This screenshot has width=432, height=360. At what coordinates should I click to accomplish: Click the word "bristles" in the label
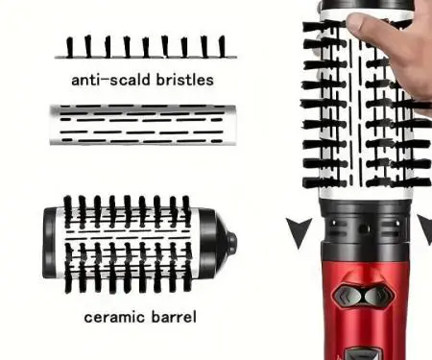(184, 80)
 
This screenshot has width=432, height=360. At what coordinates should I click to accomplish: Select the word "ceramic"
(114, 317)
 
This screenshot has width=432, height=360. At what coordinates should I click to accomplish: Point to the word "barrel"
(174, 317)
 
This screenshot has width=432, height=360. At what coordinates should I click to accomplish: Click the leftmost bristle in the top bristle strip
(69, 47)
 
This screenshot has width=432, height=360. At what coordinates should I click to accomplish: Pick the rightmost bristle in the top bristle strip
(222, 46)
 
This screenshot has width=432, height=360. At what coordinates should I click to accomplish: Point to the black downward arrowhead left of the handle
(299, 231)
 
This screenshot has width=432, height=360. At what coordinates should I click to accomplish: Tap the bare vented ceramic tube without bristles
(143, 125)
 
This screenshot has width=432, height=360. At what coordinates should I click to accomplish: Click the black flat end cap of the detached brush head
(49, 243)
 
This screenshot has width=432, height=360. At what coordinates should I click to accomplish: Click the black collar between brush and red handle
(365, 224)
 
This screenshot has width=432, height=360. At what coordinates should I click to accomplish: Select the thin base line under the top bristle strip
(146, 58)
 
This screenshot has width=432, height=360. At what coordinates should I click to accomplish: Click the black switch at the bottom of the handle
(364, 353)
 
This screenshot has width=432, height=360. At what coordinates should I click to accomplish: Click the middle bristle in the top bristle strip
(146, 47)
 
